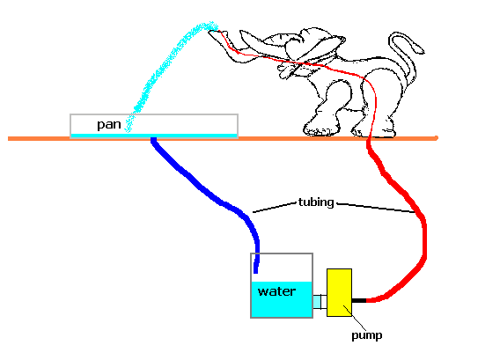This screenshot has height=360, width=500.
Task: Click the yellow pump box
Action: point(339,292)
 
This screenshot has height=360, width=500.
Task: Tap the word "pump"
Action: point(367,335)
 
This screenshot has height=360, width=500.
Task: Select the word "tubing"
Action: point(316,202)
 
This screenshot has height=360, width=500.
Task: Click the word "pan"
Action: point(109,124)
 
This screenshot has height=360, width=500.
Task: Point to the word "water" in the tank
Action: point(276,291)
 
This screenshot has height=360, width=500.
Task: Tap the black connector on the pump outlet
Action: point(359,300)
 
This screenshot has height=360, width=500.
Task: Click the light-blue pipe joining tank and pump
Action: point(320,302)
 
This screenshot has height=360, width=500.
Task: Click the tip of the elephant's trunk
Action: point(211,32)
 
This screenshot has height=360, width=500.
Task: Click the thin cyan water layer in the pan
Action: point(154,136)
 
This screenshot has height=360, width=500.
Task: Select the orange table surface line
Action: point(224,139)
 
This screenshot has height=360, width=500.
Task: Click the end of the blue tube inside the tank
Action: point(255,273)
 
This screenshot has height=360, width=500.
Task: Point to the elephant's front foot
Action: point(320,129)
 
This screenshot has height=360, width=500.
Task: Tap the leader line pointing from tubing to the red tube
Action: point(376,207)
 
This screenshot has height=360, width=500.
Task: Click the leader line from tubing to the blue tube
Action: point(275,207)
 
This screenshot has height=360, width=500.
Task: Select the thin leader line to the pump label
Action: point(355,318)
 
